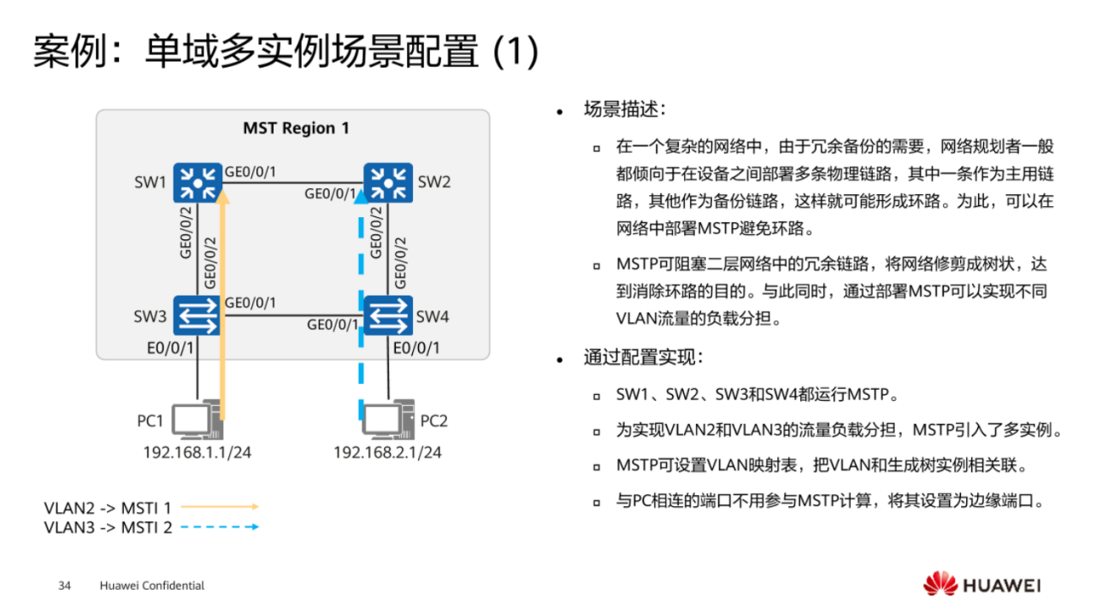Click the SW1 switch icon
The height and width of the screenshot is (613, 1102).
[x=197, y=183]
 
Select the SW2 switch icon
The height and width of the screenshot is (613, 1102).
[x=388, y=183]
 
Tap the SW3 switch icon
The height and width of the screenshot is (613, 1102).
[x=197, y=316]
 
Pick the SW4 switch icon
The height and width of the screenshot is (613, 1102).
[x=388, y=316]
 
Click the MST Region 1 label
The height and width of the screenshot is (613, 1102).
[x=296, y=128]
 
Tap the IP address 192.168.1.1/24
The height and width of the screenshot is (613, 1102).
[x=197, y=452]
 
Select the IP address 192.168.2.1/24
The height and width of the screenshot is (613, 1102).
[x=387, y=452]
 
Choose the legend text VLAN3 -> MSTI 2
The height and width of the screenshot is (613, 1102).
[x=108, y=528]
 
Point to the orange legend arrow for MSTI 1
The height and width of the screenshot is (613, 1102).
[x=220, y=507]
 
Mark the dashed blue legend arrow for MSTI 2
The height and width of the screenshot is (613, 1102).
[x=220, y=527]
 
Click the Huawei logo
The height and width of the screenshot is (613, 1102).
[x=981, y=585]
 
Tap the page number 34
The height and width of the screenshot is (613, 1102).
[x=64, y=586]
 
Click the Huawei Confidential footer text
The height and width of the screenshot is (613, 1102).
[x=152, y=586]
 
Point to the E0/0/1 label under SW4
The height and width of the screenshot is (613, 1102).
[x=416, y=347]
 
